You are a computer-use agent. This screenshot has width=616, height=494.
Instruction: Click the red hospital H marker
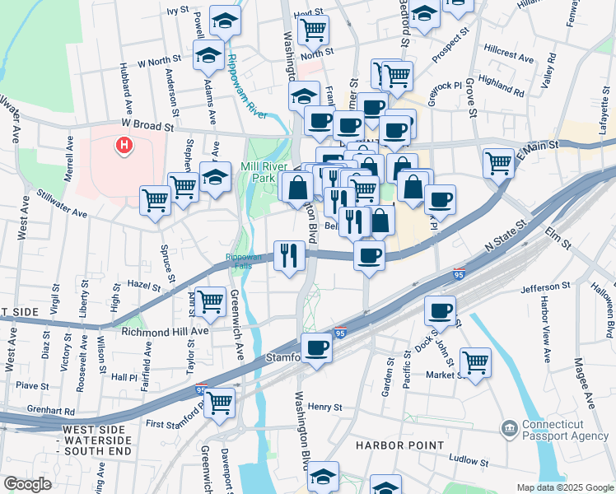pos(124,146)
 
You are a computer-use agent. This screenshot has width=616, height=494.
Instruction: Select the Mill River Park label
pos(268,171)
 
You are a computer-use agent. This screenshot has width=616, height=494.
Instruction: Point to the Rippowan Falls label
pos(245,261)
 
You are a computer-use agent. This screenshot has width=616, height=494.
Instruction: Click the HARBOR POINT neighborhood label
pos(393,445)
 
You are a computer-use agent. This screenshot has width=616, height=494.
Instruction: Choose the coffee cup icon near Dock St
pos(441,310)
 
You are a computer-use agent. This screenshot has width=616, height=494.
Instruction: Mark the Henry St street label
pos(325,407)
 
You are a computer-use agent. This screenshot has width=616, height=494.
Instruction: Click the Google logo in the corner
pos(27,484)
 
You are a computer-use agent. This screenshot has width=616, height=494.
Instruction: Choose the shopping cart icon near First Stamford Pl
pos(219,401)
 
